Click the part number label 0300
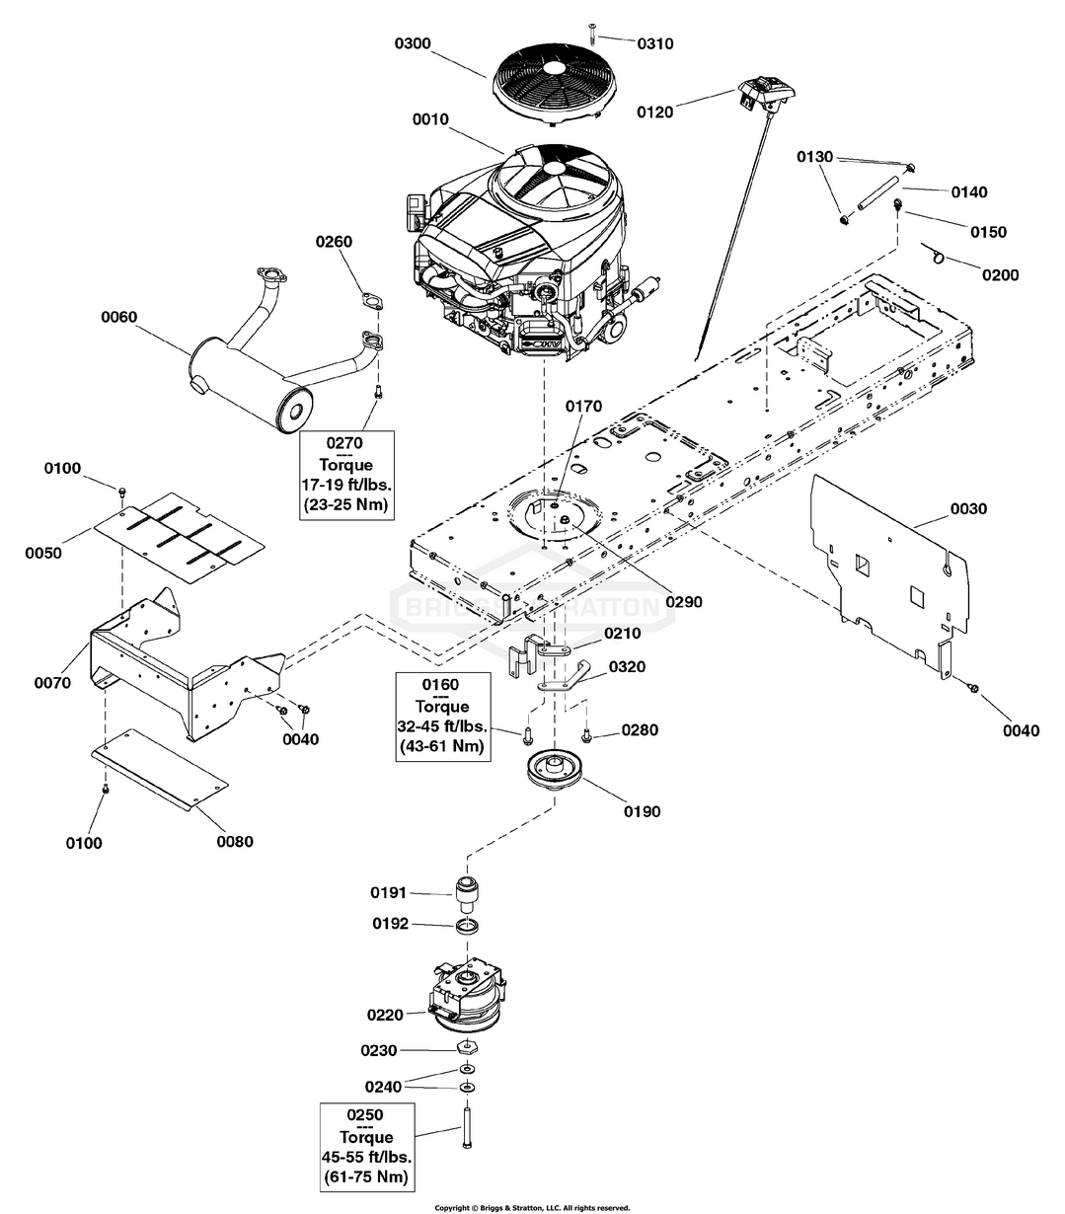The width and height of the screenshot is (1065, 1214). pyautogui.click(x=413, y=43)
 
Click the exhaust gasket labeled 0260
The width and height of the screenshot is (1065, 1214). pyautogui.click(x=372, y=300)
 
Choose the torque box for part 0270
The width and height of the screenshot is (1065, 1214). pyautogui.click(x=346, y=475)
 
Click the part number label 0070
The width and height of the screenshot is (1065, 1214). pyautogui.click(x=52, y=682)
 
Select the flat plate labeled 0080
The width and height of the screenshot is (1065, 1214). pyautogui.click(x=160, y=769)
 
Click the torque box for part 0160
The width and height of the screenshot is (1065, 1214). pyautogui.click(x=443, y=717)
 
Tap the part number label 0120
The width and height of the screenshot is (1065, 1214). pyautogui.click(x=655, y=113)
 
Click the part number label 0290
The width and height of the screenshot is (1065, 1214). pyautogui.click(x=683, y=601)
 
